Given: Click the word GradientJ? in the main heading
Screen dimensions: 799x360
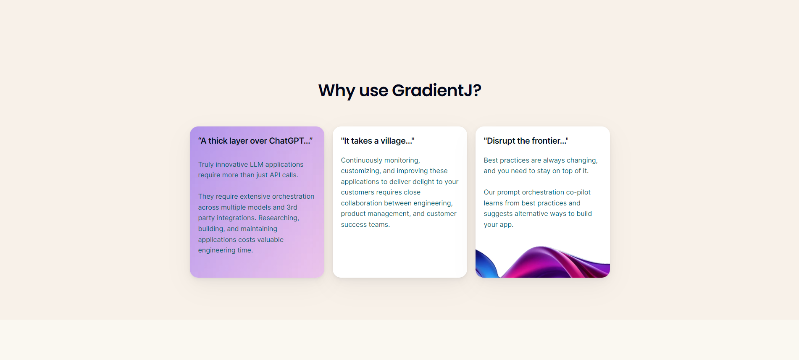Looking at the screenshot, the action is coord(436,90).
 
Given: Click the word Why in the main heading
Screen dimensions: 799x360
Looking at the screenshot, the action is coord(336,90).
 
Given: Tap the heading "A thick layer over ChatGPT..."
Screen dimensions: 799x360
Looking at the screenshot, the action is coord(255,141).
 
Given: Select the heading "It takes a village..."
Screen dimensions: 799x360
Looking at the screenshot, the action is coord(378,141).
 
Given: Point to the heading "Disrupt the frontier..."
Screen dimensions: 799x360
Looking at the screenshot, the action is coord(526,141).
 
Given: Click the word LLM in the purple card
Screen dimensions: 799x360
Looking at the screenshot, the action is coord(257,164).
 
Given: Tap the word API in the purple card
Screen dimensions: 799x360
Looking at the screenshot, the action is coord(275,175).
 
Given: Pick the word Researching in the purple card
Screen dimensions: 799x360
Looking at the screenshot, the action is coord(279,218).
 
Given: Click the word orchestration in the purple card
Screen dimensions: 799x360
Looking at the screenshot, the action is coord(293,196).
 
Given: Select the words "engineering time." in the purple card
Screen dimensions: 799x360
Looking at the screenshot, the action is coord(226,250).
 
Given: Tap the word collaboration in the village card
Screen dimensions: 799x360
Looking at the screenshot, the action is coord(361,203).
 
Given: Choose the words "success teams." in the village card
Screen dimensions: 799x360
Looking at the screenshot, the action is coord(365,225).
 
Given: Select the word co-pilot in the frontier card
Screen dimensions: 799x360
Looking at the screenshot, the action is coord(578,192).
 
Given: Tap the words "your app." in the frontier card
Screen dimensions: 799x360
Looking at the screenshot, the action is coord(499,225).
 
